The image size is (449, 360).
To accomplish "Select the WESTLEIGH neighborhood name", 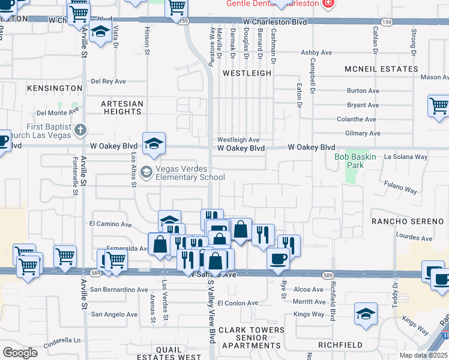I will tap(247, 73).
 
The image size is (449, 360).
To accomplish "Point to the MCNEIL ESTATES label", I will tap(381, 69).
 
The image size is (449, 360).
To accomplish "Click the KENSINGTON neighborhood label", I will tap(54, 88).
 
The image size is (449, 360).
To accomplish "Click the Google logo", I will tap(20, 353).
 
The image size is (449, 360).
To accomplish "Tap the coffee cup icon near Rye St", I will tap(278, 259).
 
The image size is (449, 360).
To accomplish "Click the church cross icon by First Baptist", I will tap(80, 130).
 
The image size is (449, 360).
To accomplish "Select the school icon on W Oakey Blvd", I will tap(154, 143).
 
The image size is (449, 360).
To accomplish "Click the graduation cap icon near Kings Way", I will tap(365, 314).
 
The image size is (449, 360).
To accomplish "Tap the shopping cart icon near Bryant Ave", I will tap(438, 106).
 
